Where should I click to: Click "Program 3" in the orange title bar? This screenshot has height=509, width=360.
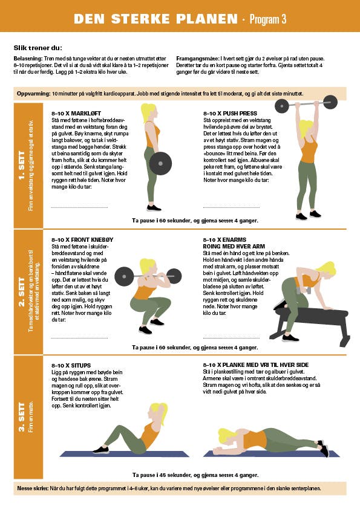pos(268,19)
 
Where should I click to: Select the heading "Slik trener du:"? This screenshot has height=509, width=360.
pos(38,48)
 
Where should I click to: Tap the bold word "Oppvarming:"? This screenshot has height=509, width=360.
pos(34,94)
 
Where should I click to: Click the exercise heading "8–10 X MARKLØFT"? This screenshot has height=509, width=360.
pos(76,114)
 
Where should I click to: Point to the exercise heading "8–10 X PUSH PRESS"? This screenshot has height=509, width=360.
pos(230,114)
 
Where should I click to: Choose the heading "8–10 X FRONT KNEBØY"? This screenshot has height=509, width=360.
pos(82,240)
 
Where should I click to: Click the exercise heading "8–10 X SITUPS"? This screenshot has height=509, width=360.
pos(71,366)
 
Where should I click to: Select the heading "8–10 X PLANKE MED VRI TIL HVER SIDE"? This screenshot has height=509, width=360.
pos(256,365)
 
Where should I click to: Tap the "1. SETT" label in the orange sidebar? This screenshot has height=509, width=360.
pos(22,166)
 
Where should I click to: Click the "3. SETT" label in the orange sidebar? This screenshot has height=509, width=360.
pos(22,417)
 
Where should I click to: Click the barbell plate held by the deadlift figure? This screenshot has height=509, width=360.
pos(160,164)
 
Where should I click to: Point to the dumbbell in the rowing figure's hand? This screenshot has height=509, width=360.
pos(304,290)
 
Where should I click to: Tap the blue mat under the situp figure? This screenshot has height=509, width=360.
pos(125,454)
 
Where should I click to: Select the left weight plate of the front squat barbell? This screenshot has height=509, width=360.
pos(124,277)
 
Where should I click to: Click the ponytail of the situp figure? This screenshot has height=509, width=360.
pos(163,413)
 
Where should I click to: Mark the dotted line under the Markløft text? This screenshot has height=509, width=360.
pos(80,207)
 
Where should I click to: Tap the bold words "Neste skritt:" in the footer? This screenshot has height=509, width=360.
pos(33,488)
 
